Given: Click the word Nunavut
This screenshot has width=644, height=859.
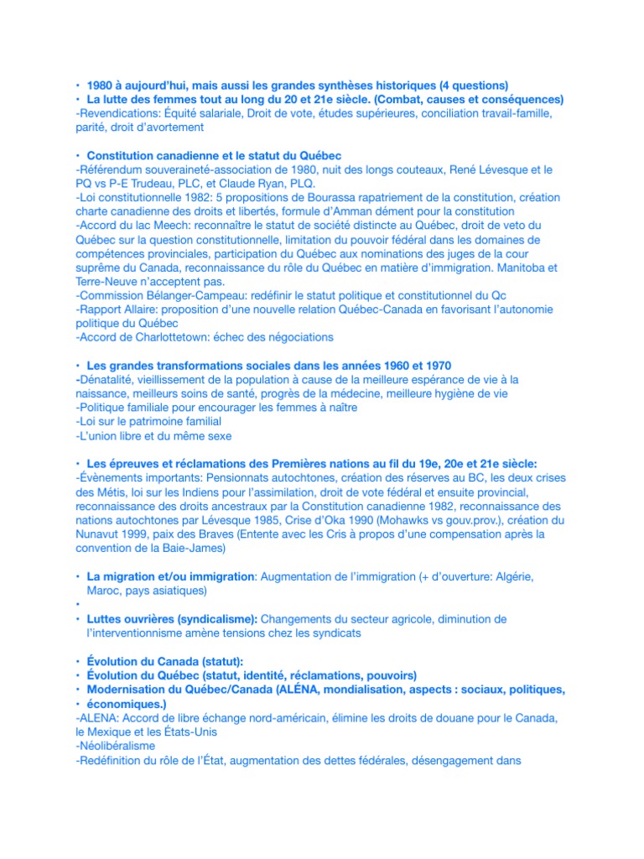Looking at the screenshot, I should click(x=100, y=534).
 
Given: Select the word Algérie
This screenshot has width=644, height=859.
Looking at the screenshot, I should click(x=507, y=577).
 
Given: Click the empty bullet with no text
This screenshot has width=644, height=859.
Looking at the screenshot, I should click(x=76, y=605).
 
